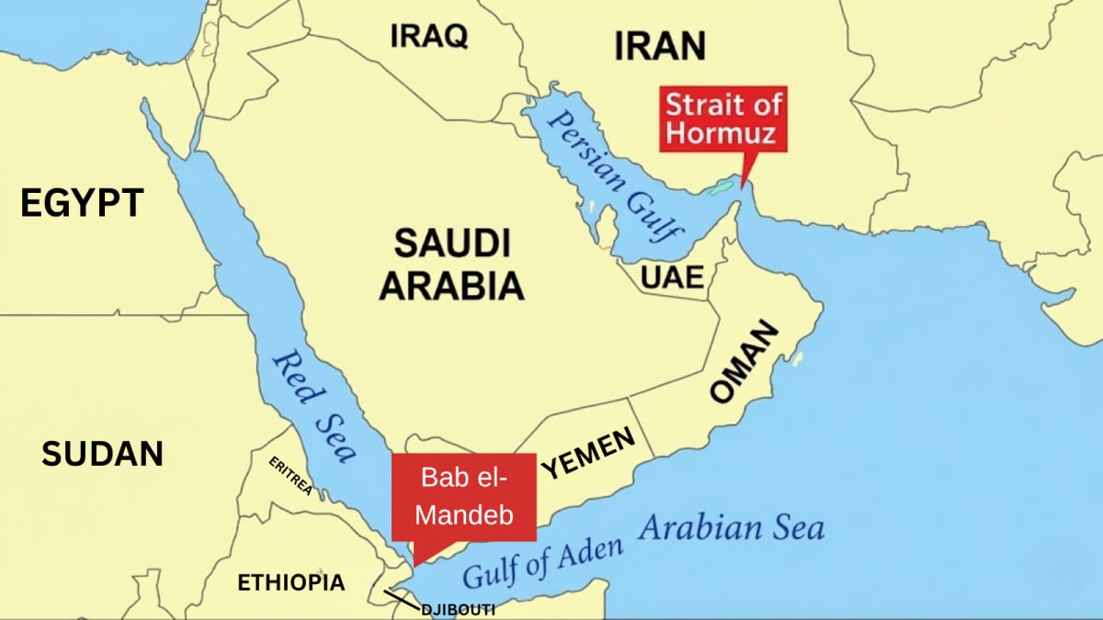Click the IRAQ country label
(x=429, y=36)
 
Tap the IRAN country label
(x=659, y=45)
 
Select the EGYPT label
(x=82, y=203)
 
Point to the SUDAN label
(x=102, y=453)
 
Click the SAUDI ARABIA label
(x=451, y=265)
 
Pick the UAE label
(x=673, y=276)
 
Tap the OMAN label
(x=745, y=362)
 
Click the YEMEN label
(x=588, y=454)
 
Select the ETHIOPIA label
(x=291, y=582)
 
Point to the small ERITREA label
(x=290, y=476)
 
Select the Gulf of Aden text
(x=542, y=561)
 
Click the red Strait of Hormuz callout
(x=723, y=119)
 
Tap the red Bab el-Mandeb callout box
(x=464, y=497)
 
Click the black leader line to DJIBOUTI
(x=401, y=599)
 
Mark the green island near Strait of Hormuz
(x=719, y=189)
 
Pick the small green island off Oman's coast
(x=797, y=357)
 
